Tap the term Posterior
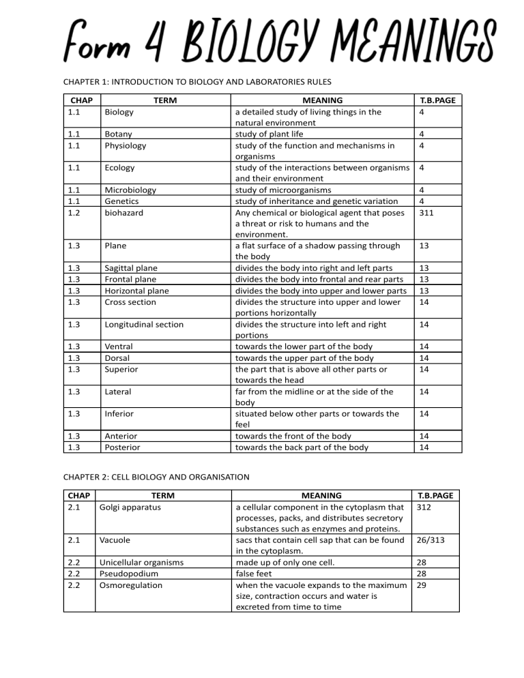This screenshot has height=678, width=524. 121,447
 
